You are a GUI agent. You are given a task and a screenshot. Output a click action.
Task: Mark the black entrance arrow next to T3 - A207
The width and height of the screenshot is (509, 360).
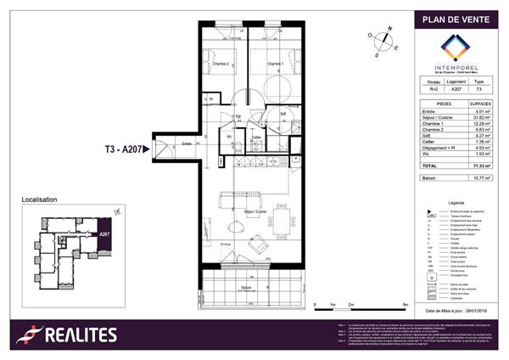pyautogui.click(x=148, y=149)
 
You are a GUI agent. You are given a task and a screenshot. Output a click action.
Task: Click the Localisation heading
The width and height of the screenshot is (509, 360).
pyautogui.click(x=39, y=200)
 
